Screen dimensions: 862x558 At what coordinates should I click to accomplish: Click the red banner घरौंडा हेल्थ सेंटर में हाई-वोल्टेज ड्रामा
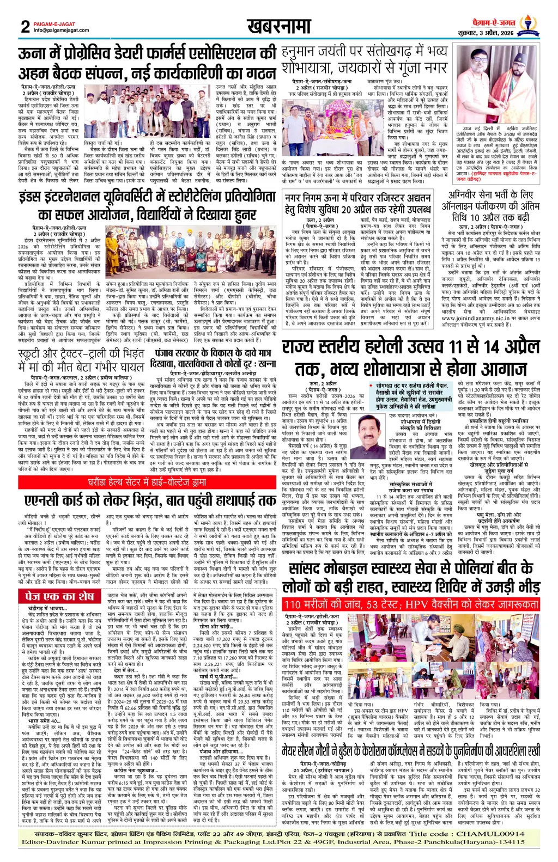[147, 482]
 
